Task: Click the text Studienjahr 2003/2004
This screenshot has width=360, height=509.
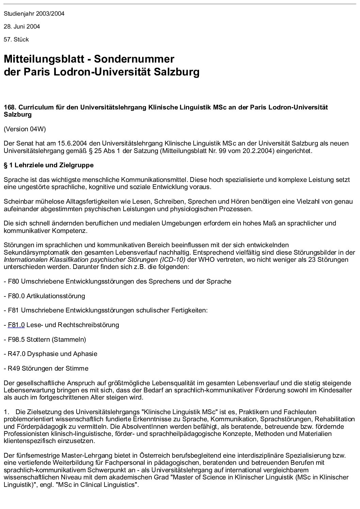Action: pyautogui.click(x=34, y=14)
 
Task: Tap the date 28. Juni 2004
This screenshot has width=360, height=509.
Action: pyautogui.click(x=22, y=27)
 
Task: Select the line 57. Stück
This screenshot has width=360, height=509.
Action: pyautogui.click(x=16, y=39)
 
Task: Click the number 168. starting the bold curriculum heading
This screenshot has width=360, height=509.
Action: pyautogui.click(x=10, y=107)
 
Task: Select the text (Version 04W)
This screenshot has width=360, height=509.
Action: pyautogui.click(x=24, y=129)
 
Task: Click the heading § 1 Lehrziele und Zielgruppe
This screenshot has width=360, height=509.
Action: pyautogui.click(x=48, y=165)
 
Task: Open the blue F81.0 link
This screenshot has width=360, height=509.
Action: pyautogui.click(x=16, y=325)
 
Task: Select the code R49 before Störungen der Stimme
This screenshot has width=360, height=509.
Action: pyautogui.click(x=14, y=368)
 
